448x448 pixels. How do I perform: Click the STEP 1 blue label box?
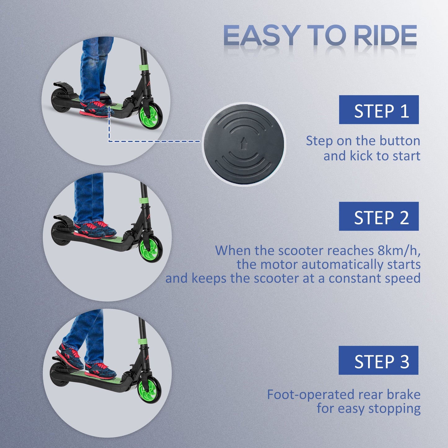pyautogui.click(x=379, y=110)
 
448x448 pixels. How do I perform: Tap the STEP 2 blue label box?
pyautogui.click(x=379, y=216)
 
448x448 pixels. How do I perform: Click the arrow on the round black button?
pyautogui.click(x=244, y=143)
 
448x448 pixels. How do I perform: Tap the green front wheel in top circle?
pyautogui.click(x=151, y=115)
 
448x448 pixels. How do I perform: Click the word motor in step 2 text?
pyautogui.click(x=279, y=264)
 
